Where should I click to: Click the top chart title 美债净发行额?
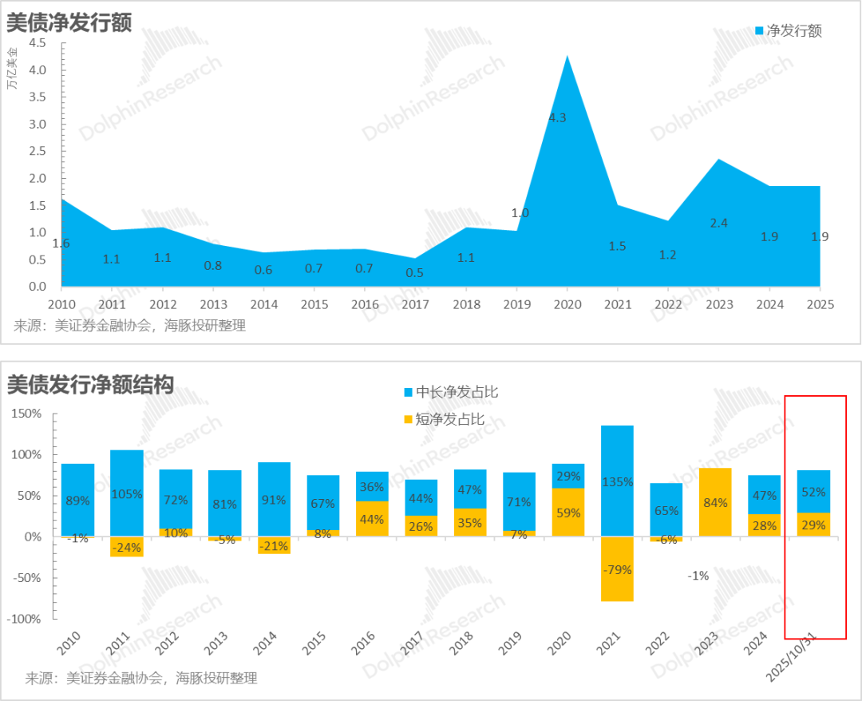(x=69, y=22)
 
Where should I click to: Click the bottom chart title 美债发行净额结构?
(x=90, y=386)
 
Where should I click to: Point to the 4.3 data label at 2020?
(x=557, y=117)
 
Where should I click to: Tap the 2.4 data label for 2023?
(x=718, y=223)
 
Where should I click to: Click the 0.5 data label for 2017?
(x=414, y=273)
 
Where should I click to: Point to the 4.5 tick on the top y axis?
(x=38, y=43)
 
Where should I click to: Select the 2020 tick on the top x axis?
(x=567, y=304)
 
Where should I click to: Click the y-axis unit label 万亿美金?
(x=13, y=68)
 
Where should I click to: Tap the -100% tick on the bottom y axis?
(x=26, y=620)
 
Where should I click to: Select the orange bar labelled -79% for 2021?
(x=617, y=568)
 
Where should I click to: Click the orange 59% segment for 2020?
(x=567, y=513)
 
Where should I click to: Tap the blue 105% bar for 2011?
(x=127, y=493)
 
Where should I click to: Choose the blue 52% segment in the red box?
(x=814, y=492)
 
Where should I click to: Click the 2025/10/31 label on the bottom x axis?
(x=791, y=659)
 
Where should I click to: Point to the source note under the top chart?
(x=130, y=326)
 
